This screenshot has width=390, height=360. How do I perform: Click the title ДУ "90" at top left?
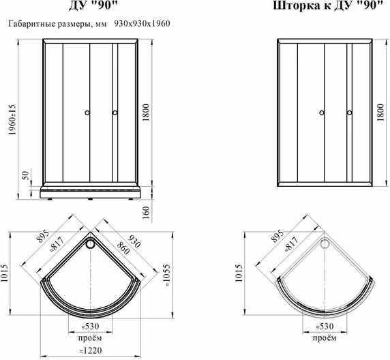click(x=93, y=5)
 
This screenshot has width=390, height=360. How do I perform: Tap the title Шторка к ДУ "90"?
click(x=328, y=5)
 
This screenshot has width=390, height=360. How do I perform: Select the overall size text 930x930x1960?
click(x=142, y=24)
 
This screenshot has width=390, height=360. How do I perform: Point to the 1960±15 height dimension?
click(x=12, y=119)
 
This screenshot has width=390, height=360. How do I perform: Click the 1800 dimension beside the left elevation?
click(x=146, y=112)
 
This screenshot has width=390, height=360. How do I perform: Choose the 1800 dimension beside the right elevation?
click(x=380, y=112)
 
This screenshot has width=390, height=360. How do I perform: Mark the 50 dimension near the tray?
click(x=26, y=175)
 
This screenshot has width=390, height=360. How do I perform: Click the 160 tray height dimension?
click(x=146, y=213)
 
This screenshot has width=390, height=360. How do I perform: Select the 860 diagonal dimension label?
click(x=123, y=248)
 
